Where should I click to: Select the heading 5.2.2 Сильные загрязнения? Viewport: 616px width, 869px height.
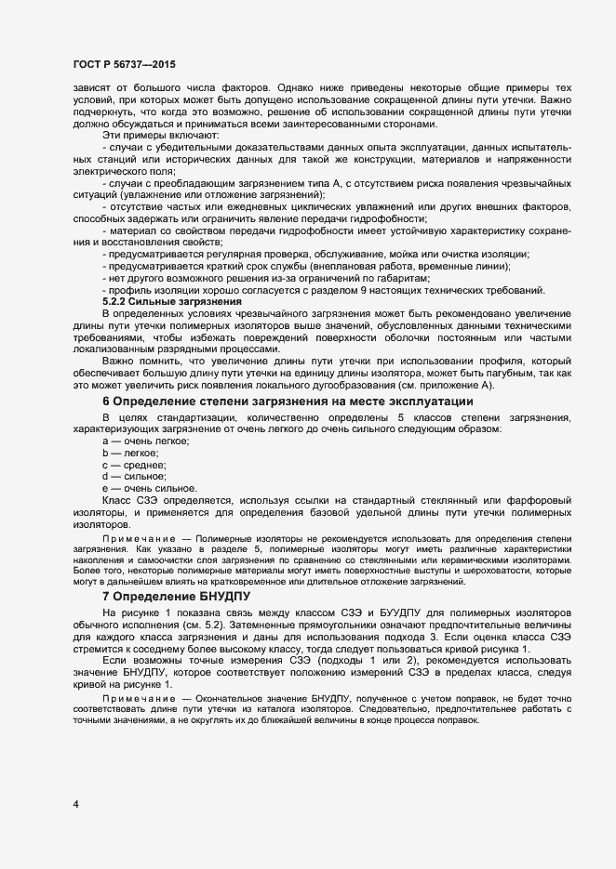[171, 302]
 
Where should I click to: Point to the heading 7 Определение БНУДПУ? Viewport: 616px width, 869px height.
[176, 596]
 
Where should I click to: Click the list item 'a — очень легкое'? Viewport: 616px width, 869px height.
[146, 441]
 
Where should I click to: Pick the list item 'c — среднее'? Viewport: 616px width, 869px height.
[134, 465]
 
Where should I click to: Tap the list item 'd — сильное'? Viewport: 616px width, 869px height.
[133, 476]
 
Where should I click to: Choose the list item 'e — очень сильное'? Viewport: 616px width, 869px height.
[149, 488]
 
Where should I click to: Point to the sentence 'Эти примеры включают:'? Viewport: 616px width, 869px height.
[161, 137]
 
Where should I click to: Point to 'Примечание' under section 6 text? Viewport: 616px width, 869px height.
[135, 538]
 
